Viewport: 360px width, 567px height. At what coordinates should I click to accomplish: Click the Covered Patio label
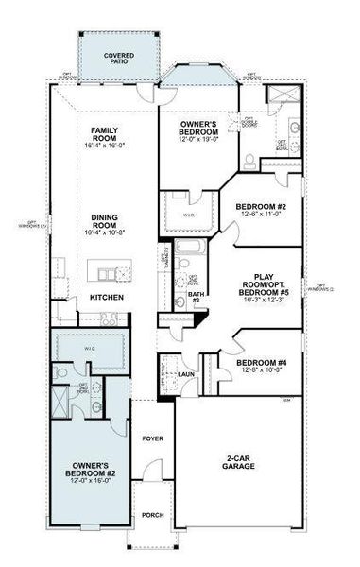118,60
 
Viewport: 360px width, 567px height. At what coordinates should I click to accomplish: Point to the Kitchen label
105,299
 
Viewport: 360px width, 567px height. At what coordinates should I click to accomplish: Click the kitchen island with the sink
112,273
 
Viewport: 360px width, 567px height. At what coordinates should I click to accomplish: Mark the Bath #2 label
197,300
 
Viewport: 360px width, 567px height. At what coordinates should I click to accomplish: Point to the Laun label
186,374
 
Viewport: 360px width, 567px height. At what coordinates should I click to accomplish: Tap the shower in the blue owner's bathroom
63,405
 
